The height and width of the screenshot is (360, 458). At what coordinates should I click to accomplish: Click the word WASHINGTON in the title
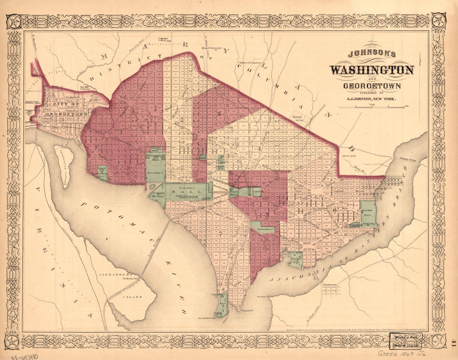click(x=372, y=70)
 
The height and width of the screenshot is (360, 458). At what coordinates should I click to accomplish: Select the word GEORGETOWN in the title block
click(x=372, y=86)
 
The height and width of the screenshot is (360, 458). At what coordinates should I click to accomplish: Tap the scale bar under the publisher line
click(x=371, y=107)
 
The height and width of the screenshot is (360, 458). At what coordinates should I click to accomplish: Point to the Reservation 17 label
click(x=265, y=229)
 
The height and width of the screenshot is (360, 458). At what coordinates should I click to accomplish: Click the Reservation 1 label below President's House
click(x=156, y=172)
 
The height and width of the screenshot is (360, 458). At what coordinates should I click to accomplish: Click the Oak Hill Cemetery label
click(x=85, y=87)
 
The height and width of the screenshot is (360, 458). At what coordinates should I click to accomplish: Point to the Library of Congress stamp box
click(x=405, y=340)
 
